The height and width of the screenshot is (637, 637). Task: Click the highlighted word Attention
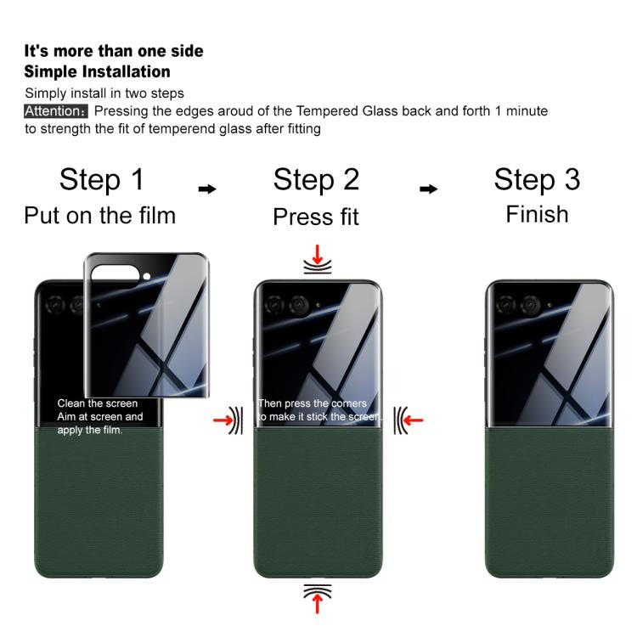tap(56, 111)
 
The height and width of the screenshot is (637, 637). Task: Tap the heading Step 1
tap(102, 179)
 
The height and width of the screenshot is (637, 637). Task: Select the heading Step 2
tap(316, 179)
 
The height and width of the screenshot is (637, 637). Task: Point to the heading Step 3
tap(537, 179)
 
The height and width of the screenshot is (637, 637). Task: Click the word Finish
tap(537, 214)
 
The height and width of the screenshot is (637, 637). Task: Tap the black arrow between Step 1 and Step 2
tap(207, 189)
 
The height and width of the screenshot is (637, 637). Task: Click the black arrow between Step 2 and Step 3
tap(429, 189)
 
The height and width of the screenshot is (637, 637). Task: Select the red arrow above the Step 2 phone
tap(318, 254)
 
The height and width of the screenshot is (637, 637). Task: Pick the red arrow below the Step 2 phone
tap(318, 604)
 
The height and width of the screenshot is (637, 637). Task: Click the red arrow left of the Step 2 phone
tap(223, 420)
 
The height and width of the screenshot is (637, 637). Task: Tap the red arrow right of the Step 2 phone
tap(413, 420)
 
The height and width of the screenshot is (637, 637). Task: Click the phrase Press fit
tap(316, 217)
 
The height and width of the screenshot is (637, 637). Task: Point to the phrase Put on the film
tap(100, 216)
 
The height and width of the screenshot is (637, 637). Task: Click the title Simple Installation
tap(97, 71)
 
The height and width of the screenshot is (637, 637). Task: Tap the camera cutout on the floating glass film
tap(115, 274)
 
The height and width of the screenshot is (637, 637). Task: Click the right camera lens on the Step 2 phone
tap(299, 305)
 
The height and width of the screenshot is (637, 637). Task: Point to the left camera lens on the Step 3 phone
tap(505, 305)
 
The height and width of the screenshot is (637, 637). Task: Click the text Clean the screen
tap(98, 403)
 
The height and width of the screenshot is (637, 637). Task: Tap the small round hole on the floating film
tap(147, 276)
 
